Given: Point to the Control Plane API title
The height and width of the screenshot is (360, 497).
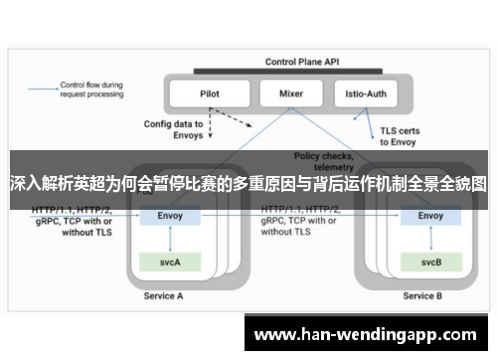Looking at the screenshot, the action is [x=299, y=62].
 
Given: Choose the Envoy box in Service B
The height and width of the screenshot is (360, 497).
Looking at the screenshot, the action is [x=431, y=216].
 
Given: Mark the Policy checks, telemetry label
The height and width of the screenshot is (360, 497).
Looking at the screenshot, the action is [x=323, y=162].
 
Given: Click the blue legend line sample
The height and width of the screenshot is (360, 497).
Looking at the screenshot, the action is [x=43, y=89].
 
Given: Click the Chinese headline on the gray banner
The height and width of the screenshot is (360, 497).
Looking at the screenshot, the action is [x=248, y=184].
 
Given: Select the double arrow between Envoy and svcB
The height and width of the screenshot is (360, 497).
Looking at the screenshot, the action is [x=431, y=239].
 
